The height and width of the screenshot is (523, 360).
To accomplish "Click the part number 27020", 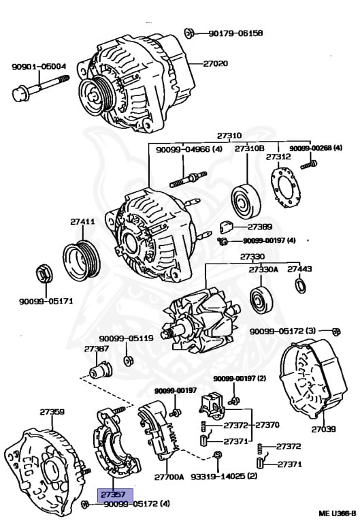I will point(215,64).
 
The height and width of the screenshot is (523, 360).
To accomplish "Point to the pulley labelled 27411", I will point(80,257).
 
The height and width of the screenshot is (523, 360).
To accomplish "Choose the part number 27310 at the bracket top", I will point(229,136).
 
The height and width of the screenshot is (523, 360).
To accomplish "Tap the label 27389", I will point(259,226).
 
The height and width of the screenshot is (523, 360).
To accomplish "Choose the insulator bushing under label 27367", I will point(101,372).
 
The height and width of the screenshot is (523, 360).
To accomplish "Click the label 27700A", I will point(169,477).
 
